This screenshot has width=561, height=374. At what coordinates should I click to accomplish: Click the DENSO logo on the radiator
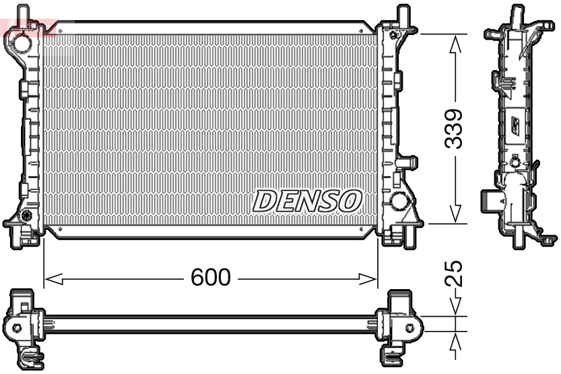pos(307,200)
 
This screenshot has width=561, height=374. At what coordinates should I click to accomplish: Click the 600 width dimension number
pos(210,277)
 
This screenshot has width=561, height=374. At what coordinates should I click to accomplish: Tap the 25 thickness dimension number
pos(456,274)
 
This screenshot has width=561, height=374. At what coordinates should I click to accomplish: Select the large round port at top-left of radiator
pos(22,43)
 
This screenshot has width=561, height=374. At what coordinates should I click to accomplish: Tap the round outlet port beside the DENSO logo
pos(399,201)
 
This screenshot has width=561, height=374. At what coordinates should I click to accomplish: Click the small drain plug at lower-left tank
pos(27,216)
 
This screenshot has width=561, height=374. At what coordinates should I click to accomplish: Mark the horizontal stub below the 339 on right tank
pos(407,162)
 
